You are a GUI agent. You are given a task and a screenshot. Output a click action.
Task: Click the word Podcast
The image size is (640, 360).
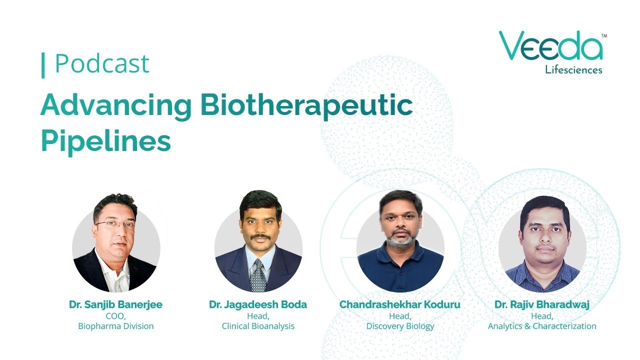coord(102,64)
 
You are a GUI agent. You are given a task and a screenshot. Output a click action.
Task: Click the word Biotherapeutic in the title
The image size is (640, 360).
coord(306,105)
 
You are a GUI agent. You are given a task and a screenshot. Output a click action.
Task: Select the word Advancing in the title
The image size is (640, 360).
coord(116,105)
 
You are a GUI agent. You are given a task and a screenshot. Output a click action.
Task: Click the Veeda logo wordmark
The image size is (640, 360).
coord(550,46)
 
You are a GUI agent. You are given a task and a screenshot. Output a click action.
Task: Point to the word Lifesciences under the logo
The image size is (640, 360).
coord(573,70)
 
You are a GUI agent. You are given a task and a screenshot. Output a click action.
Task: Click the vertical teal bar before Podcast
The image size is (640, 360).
coord(43,65)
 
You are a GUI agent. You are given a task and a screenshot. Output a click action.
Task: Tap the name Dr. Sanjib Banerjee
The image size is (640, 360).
coord(115,304)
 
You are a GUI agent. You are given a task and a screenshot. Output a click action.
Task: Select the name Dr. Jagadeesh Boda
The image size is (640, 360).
coord(258,304)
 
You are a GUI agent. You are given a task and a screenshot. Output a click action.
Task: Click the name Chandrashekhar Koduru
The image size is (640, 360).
coord(400,304)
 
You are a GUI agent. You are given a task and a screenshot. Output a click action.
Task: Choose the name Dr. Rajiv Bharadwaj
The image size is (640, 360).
coord(542,304)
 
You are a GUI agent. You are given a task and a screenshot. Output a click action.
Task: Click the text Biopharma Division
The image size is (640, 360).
coord(115,326)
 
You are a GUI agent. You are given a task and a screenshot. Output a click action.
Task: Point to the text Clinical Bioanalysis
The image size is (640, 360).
coord(258,326)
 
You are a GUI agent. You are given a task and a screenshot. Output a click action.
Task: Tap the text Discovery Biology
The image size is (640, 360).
coord(400,326)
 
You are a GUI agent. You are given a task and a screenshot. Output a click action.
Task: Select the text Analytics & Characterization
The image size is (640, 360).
coord(542,326)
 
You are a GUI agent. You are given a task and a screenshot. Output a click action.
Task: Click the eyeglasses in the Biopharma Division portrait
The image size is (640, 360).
coord(115,224)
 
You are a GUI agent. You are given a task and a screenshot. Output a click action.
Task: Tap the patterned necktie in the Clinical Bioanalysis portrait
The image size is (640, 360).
coord(258,275)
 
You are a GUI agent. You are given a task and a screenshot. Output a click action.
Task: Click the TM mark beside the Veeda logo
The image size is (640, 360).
coord(604,36)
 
